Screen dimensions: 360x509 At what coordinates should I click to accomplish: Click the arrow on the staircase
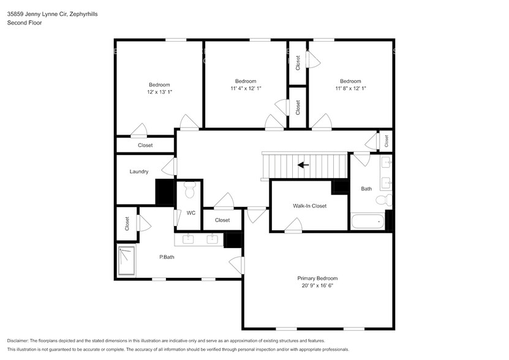[303, 164]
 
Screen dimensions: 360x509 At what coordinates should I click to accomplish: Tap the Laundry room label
[139, 172]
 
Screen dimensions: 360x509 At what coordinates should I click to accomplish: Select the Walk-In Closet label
[309, 206]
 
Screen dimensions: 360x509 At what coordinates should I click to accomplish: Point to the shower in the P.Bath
[127, 261]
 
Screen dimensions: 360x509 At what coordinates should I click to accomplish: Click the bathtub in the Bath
[368, 222]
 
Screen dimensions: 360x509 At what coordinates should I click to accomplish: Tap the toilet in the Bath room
[382, 200]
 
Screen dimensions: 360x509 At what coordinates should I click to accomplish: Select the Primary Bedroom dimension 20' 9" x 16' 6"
[317, 286]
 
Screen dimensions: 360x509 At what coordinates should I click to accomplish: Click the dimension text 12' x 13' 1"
[159, 92]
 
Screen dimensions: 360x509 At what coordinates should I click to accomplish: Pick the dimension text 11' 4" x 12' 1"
[245, 89]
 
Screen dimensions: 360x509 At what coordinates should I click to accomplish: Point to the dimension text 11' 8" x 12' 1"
[350, 89]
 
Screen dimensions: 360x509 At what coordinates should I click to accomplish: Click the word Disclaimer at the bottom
[20, 340]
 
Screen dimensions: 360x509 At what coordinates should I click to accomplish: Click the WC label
[191, 213]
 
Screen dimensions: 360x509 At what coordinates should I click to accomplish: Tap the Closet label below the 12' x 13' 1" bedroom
[145, 146]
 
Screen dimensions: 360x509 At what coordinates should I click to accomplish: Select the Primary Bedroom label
[317, 278]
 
